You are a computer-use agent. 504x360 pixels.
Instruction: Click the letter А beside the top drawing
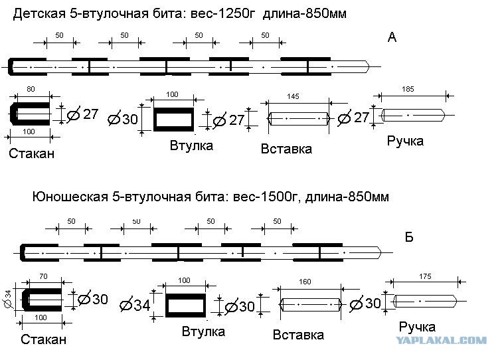(x=392, y=37)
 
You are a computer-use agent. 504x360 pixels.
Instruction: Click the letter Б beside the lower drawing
(x=409, y=237)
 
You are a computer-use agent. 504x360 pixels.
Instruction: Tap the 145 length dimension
(x=293, y=97)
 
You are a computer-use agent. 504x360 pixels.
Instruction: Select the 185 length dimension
(x=408, y=90)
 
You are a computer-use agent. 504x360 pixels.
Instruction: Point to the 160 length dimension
(x=305, y=282)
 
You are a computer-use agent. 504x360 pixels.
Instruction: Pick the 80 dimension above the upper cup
(x=31, y=89)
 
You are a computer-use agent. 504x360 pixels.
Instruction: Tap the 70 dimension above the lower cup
(x=44, y=276)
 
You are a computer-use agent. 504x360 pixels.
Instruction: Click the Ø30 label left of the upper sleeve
(x=123, y=120)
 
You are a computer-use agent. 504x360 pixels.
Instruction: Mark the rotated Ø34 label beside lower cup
(x=7, y=300)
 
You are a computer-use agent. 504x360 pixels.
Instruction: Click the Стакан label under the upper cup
(x=32, y=154)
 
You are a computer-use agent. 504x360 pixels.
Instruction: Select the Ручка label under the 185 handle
(x=405, y=141)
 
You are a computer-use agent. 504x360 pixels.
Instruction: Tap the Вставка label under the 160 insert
(x=298, y=335)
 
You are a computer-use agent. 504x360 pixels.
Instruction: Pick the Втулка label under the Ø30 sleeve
(x=191, y=145)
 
